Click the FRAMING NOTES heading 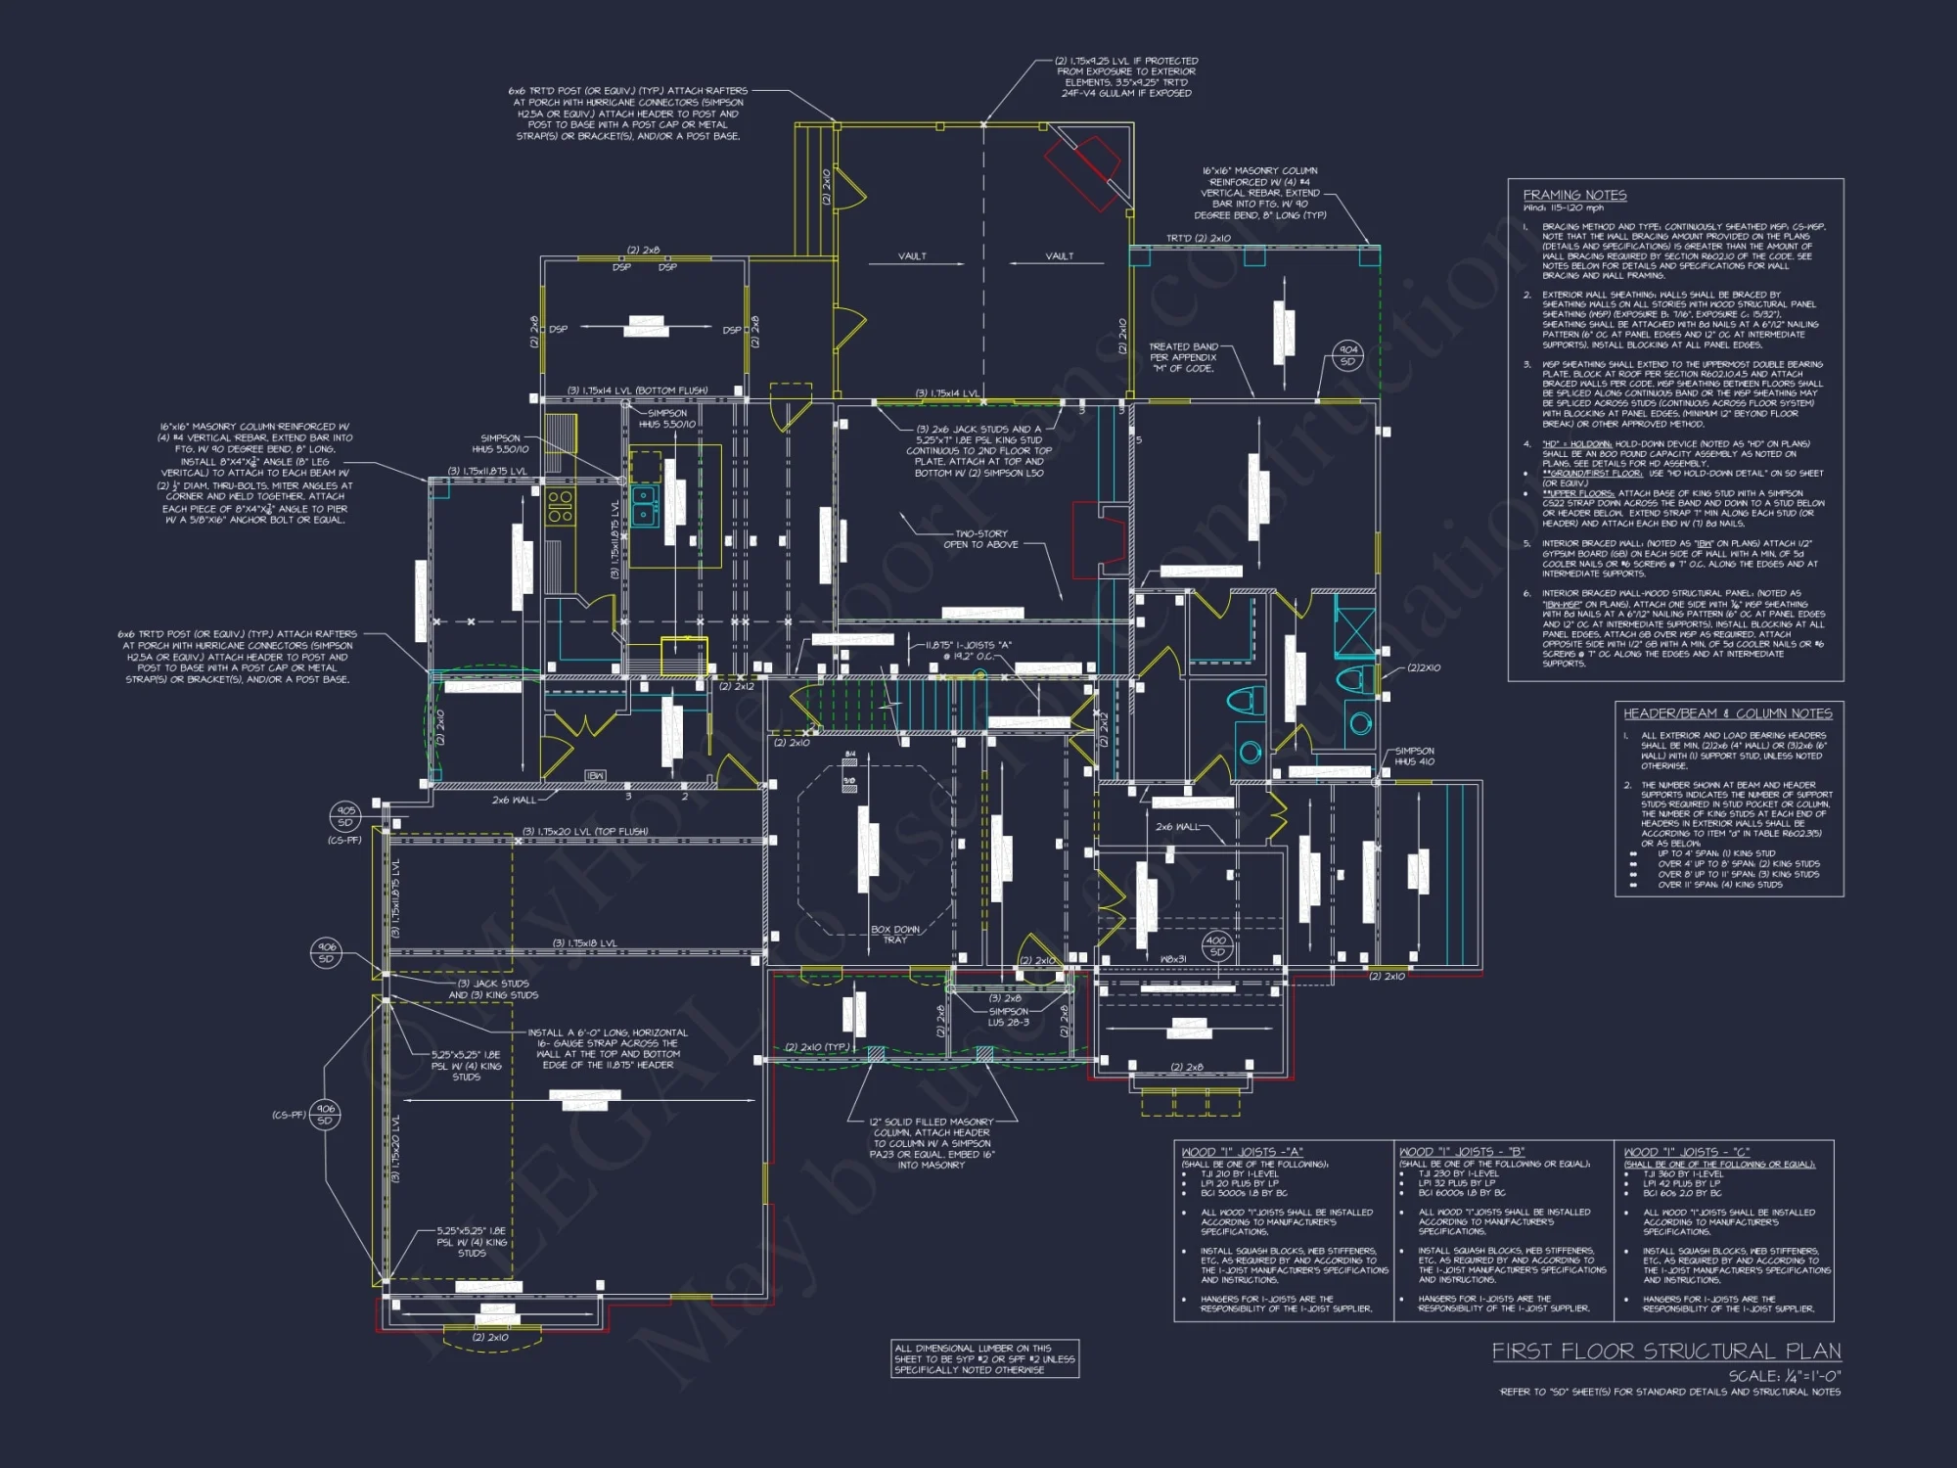click(x=1574, y=195)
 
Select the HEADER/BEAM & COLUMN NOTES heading click(x=1728, y=713)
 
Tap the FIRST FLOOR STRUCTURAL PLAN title click(x=1665, y=1352)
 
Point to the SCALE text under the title click(x=1784, y=1376)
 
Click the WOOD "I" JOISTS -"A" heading click(x=1242, y=1152)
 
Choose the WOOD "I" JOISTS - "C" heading click(x=1686, y=1152)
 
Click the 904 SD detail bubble click(x=1348, y=355)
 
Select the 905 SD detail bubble click(x=345, y=816)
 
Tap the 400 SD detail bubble click(x=1216, y=945)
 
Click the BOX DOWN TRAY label click(x=895, y=934)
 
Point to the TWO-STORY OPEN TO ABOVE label click(x=980, y=539)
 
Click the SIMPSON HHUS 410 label click(x=1414, y=756)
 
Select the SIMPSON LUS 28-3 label click(x=1008, y=1016)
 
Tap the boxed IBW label click(x=595, y=775)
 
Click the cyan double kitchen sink click(x=644, y=504)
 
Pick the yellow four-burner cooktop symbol click(x=560, y=506)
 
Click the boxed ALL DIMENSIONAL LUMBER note click(x=984, y=1358)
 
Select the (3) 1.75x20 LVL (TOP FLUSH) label click(x=585, y=832)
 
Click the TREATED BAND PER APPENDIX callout click(x=1183, y=357)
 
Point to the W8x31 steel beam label click(x=1172, y=959)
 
